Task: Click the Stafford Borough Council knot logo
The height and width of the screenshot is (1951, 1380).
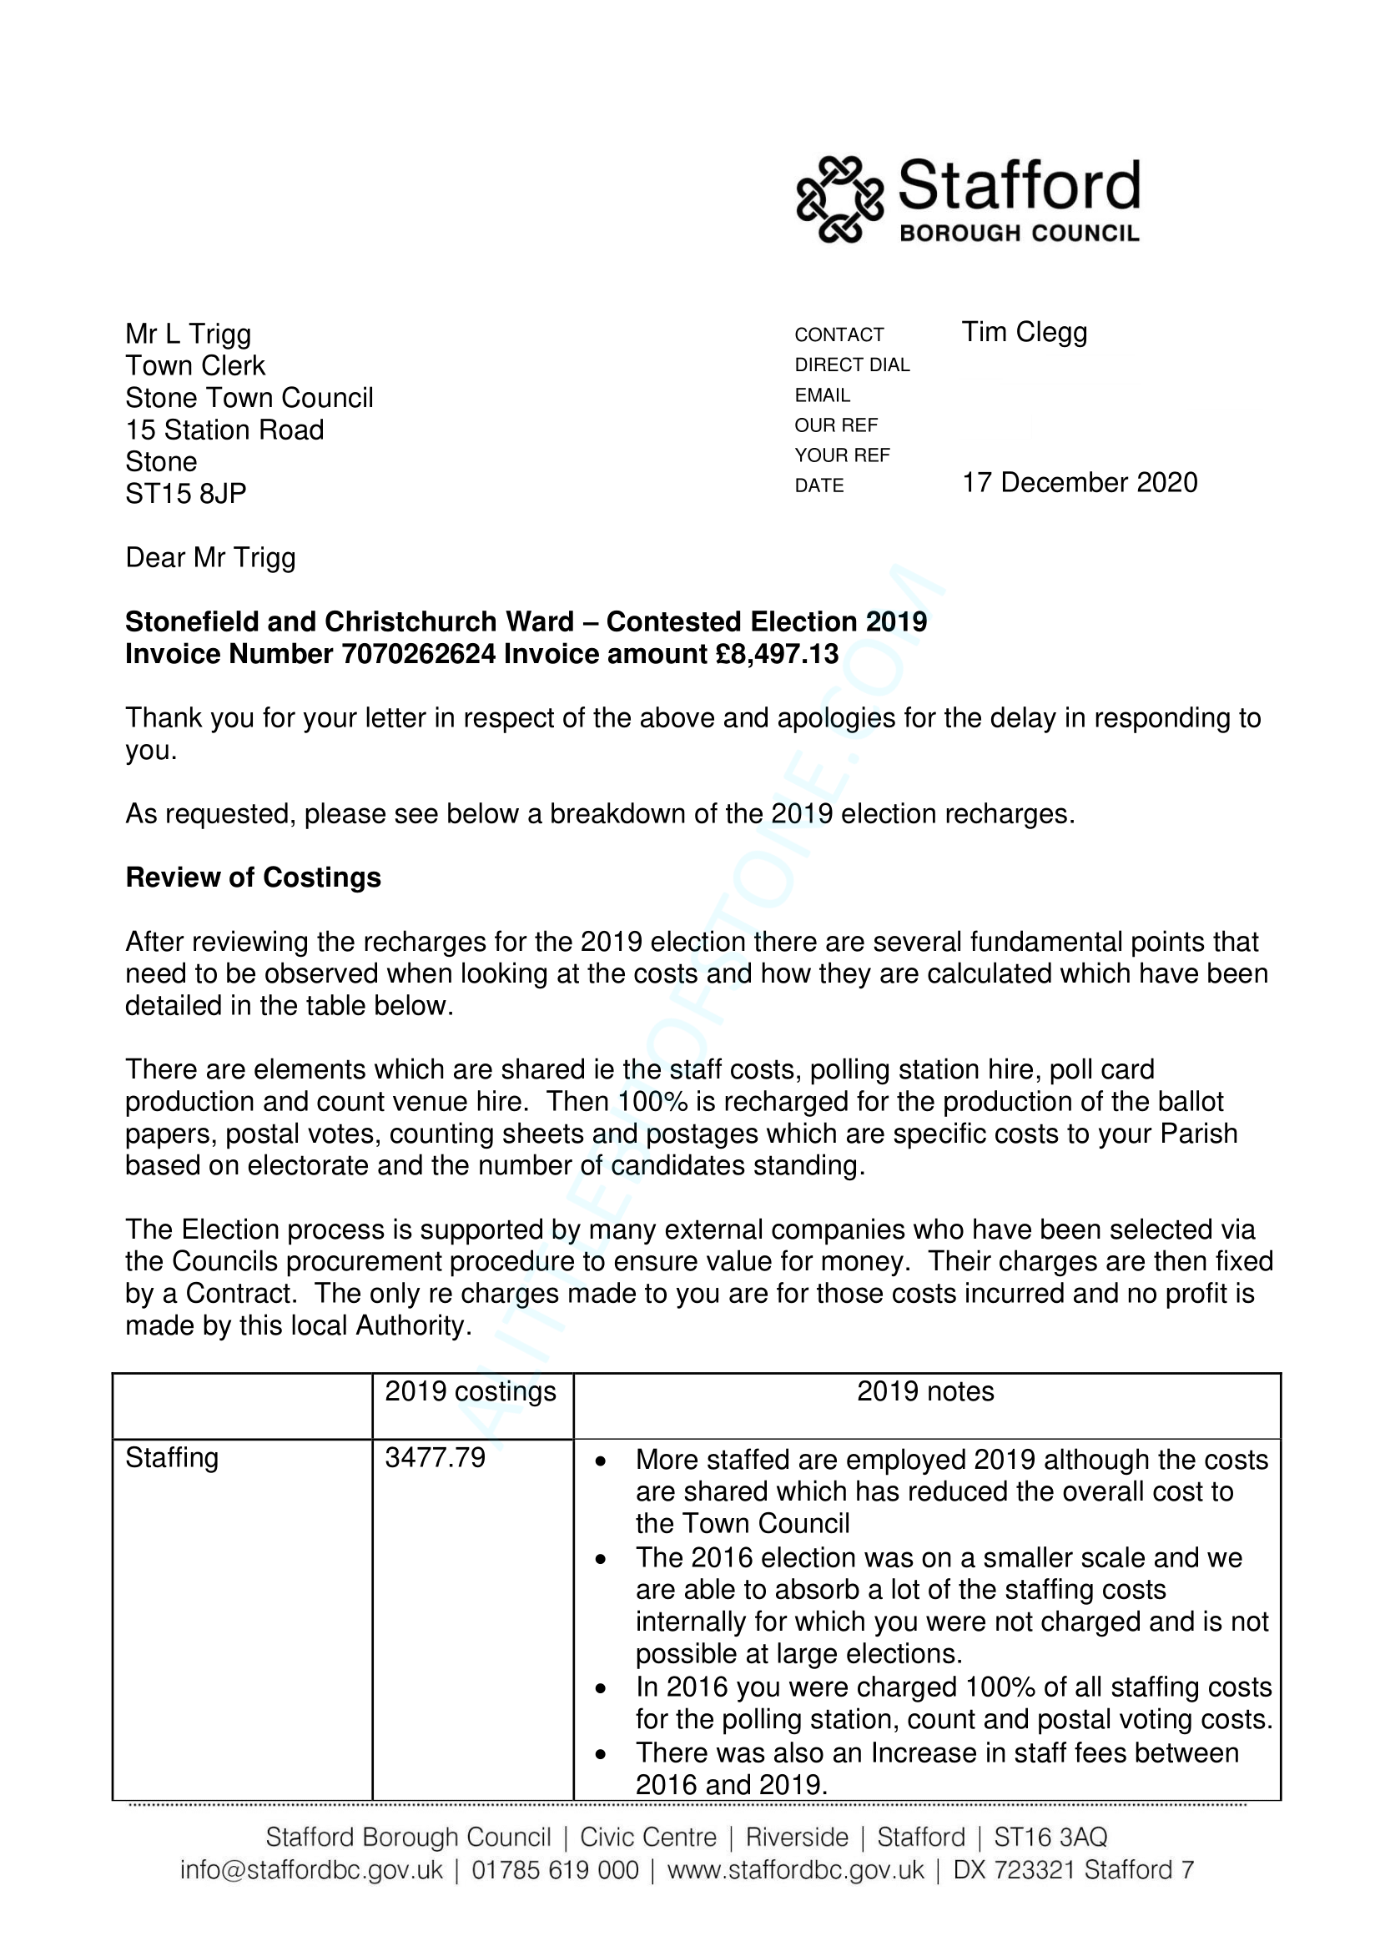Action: click(839, 199)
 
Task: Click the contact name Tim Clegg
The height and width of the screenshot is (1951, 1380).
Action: click(1024, 332)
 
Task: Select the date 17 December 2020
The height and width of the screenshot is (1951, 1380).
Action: click(1079, 483)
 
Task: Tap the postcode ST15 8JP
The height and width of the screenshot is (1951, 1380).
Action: click(186, 494)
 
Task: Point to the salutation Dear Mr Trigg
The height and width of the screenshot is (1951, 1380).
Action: click(211, 558)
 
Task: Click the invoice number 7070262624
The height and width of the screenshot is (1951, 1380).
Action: click(418, 654)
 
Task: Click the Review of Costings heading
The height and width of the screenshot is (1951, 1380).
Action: click(254, 877)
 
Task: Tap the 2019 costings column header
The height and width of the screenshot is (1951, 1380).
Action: click(470, 1392)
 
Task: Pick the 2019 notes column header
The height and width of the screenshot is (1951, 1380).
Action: click(925, 1392)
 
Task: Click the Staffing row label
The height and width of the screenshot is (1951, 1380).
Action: click(172, 1458)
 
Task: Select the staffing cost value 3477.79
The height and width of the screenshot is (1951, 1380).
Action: click(435, 1458)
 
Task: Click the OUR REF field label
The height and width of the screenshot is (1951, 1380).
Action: click(836, 425)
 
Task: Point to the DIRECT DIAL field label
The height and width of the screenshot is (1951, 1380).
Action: click(852, 365)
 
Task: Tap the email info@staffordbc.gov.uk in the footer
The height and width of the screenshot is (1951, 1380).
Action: click(311, 1870)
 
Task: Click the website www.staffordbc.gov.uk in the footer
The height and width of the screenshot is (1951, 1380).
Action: click(795, 1870)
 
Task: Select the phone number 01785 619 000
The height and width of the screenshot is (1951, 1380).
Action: click(555, 1870)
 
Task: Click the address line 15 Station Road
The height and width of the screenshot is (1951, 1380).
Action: click(224, 430)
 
